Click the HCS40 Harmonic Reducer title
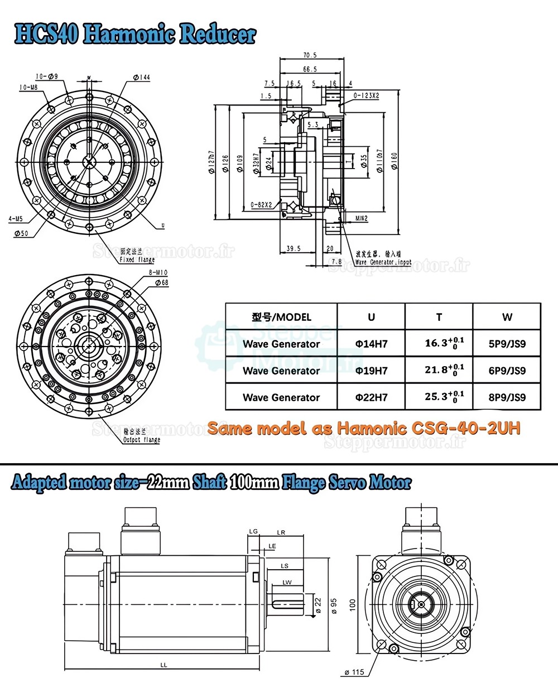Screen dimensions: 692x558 pos(134,34)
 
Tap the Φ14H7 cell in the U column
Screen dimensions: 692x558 pos(371,344)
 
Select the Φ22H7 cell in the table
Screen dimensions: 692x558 pos(371,397)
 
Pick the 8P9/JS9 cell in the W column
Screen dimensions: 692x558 pos(507,397)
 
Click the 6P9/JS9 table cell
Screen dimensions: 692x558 pos(507,371)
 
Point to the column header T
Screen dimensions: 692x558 pos(439,317)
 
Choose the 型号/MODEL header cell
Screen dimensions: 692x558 pos(281,317)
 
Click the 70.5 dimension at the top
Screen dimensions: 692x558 pos(310,55)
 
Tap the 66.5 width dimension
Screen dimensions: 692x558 pos(310,69)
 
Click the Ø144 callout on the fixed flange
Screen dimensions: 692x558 pos(142,78)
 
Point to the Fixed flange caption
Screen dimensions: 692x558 pos(137,259)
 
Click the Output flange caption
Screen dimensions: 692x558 pos(142,440)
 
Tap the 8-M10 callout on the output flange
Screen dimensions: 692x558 pos(158,273)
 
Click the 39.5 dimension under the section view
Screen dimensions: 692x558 pos(294,248)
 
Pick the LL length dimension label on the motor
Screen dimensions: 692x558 pos(163,665)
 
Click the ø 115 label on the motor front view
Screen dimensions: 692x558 pos(354,672)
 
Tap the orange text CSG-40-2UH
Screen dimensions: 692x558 pos(466,428)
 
